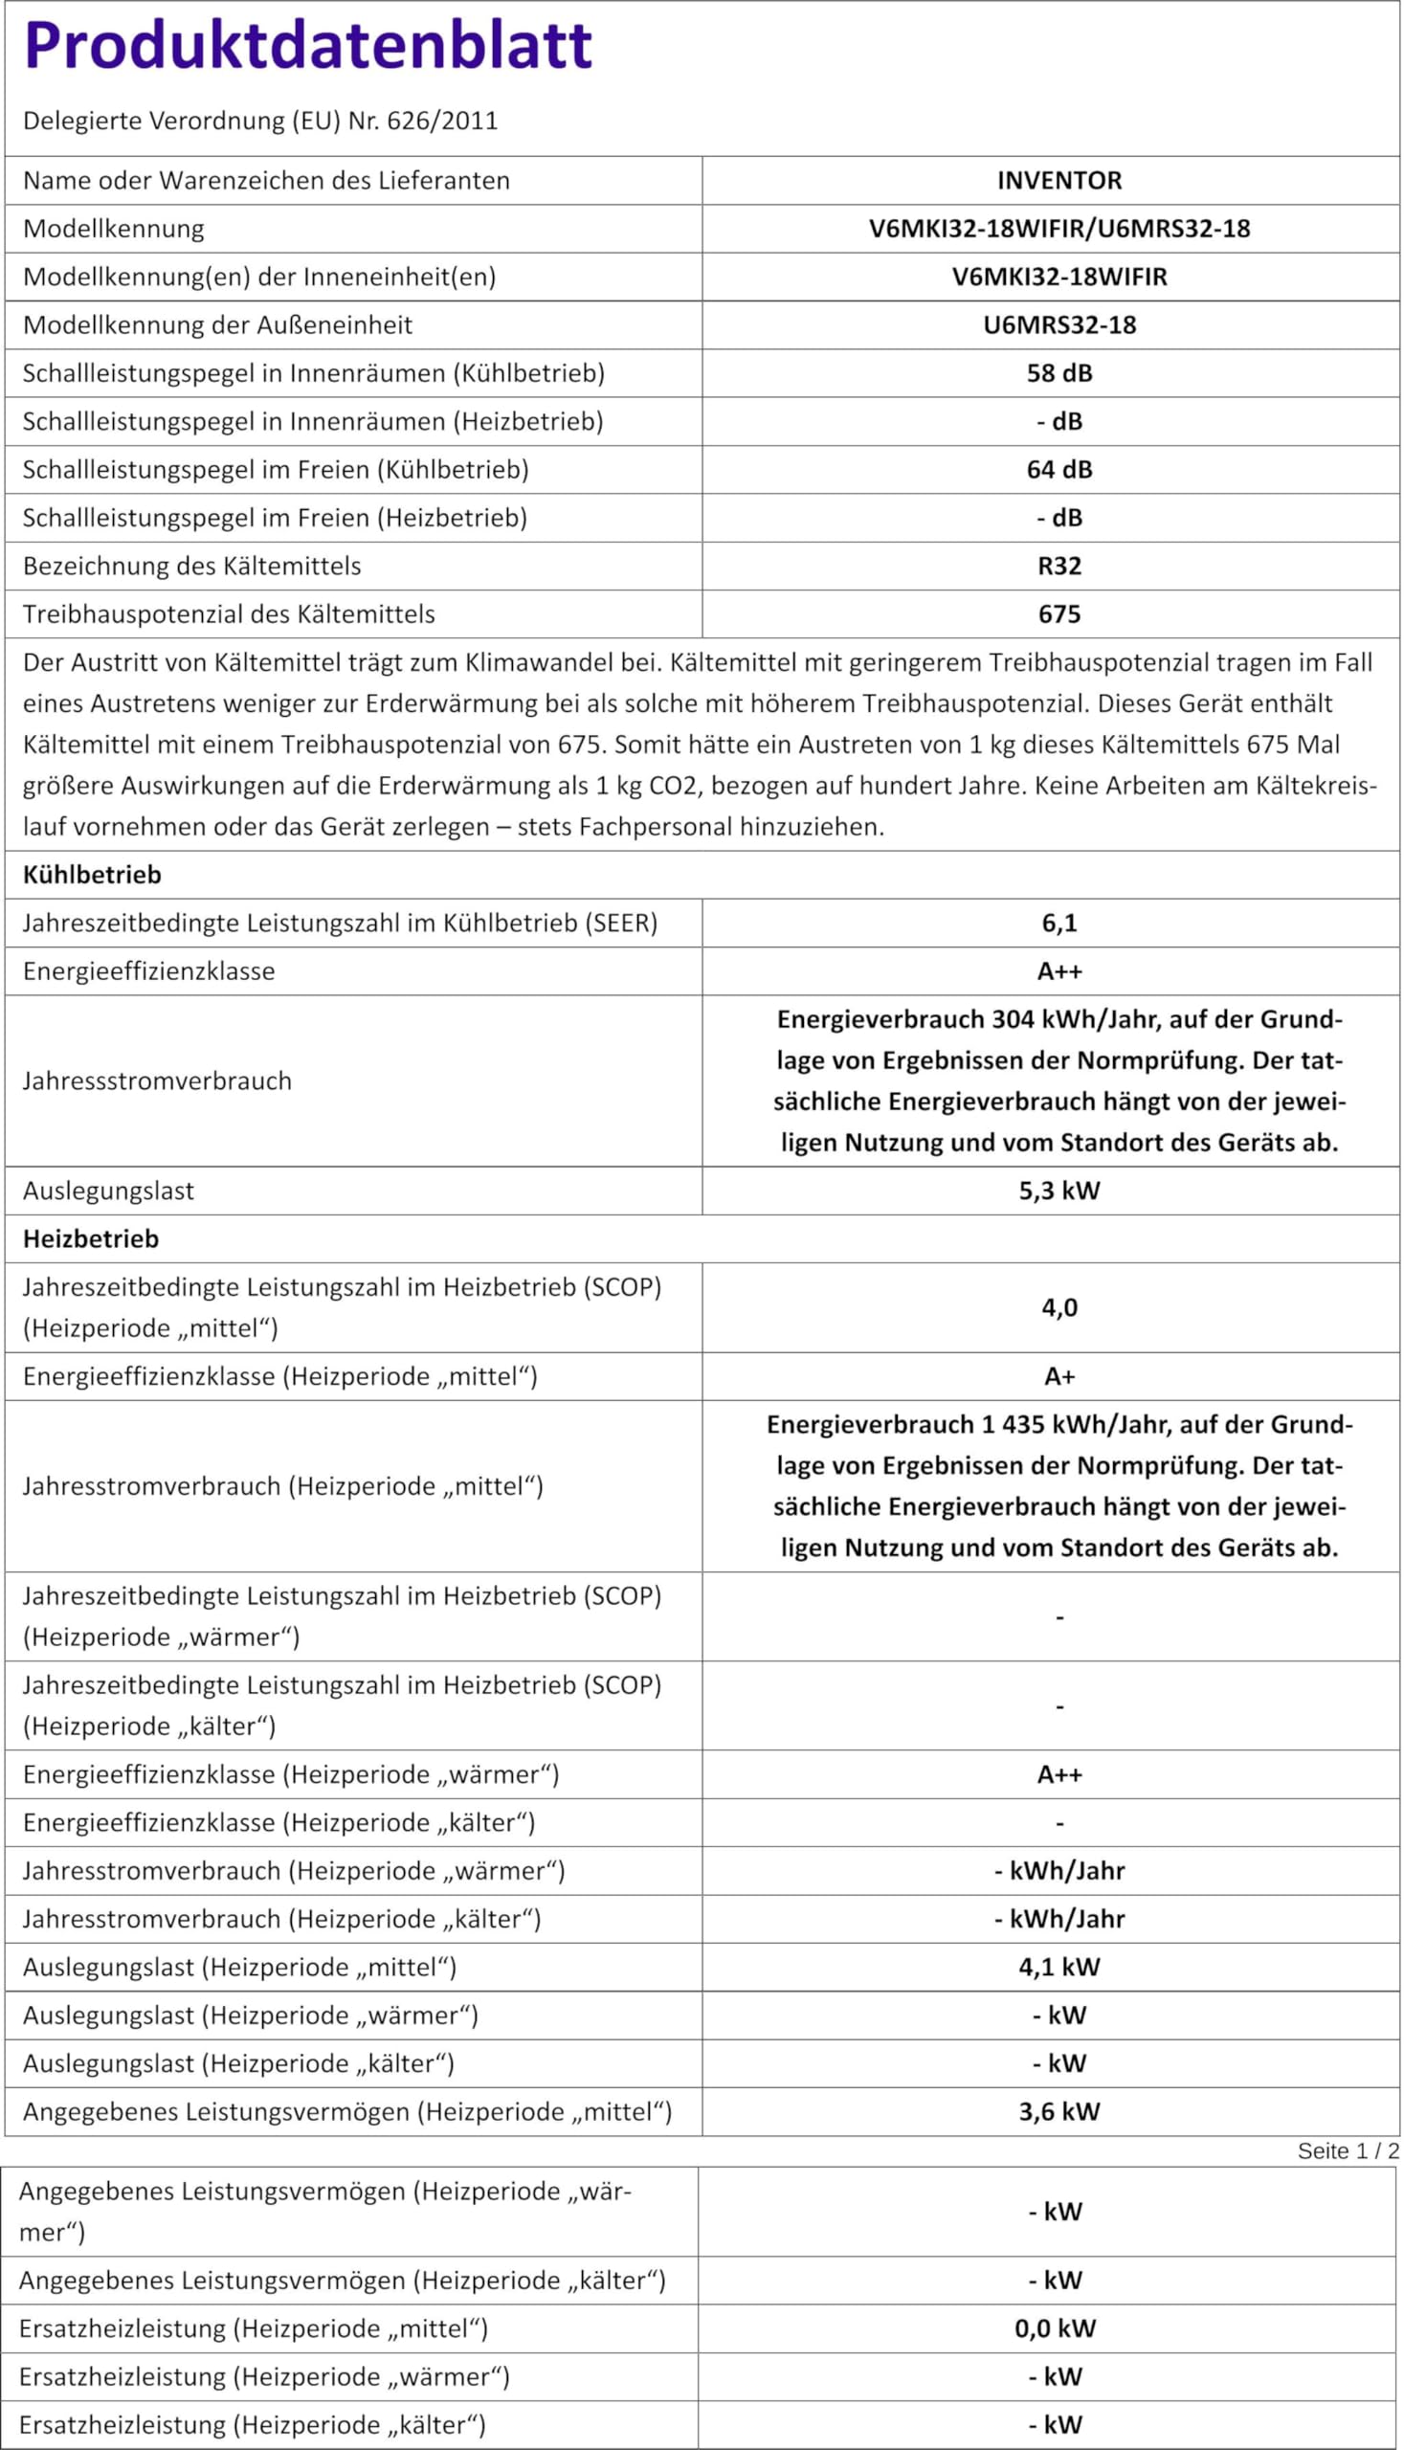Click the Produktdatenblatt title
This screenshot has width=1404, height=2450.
307,45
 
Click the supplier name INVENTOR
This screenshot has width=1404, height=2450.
1059,181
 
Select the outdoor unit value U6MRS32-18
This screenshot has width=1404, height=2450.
1059,325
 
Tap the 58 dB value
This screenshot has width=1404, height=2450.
1059,373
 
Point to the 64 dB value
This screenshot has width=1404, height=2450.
1059,470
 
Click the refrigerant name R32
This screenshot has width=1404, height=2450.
1059,566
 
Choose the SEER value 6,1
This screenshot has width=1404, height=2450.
1059,923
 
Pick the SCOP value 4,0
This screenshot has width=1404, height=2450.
1059,1307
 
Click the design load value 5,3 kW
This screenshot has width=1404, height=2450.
1059,1191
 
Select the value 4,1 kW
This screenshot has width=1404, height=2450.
1059,1967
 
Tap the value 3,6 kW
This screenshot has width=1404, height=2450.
1059,2111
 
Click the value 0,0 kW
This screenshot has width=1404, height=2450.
1055,2328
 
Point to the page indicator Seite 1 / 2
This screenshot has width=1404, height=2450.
1348,2151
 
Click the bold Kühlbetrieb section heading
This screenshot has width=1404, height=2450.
93,875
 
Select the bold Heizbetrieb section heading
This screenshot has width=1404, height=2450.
91,1239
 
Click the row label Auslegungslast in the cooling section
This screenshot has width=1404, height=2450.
108,1191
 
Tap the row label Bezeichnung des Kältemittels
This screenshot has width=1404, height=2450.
192,566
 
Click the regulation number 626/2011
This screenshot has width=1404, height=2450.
441,122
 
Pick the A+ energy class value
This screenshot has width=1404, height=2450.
1059,1377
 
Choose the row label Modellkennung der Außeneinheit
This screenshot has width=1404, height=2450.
217,325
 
